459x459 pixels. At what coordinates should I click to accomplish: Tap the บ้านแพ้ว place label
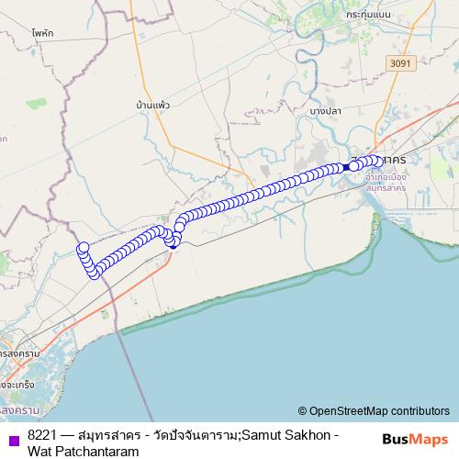pos(152,106)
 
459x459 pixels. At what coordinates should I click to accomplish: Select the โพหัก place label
pos(42,32)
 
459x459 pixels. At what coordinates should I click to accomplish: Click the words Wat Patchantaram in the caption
pos(83,451)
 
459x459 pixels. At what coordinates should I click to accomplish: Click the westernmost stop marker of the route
pos(84,247)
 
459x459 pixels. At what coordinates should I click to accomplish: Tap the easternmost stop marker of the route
pos(378,162)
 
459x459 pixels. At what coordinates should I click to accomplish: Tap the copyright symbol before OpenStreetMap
pos(302,411)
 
